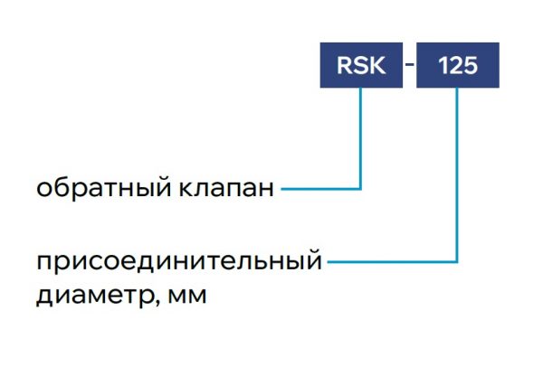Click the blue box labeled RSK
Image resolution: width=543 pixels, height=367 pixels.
[x=361, y=65]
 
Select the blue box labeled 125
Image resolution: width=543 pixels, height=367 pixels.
[x=457, y=65]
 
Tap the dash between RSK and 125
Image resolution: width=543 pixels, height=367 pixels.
[x=409, y=64]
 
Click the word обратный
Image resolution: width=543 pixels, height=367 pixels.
[x=103, y=188]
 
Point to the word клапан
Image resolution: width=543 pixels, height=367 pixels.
[x=226, y=189]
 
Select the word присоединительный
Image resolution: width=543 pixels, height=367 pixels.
[x=179, y=261]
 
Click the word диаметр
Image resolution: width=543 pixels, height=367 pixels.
[x=94, y=296]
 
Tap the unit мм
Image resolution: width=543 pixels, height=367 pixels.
[x=187, y=296]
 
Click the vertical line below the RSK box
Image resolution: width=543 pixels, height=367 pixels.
[x=360, y=138]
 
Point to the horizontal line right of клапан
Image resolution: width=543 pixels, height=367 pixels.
[x=320, y=189]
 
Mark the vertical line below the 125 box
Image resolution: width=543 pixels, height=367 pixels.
[x=457, y=174]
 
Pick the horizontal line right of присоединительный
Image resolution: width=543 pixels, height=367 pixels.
[x=392, y=262]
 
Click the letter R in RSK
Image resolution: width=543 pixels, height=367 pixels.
[x=345, y=65]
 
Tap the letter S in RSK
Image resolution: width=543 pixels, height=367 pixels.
[x=361, y=65]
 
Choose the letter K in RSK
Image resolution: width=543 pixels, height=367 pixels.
[x=377, y=65]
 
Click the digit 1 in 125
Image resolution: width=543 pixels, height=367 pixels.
[x=443, y=65]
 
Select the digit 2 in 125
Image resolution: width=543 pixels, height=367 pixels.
[x=456, y=65]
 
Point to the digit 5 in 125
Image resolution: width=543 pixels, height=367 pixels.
[x=471, y=65]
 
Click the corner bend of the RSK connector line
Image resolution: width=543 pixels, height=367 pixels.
[x=360, y=189]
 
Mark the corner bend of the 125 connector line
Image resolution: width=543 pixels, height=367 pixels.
[x=457, y=262]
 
